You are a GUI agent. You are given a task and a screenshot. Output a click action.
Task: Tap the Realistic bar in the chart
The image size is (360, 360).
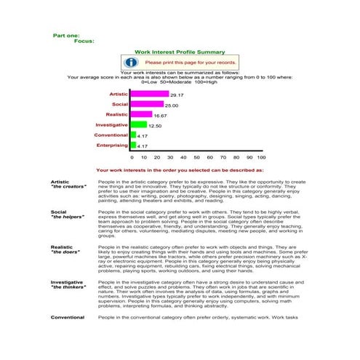(141, 115)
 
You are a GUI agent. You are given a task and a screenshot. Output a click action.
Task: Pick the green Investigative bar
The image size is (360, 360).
(138, 125)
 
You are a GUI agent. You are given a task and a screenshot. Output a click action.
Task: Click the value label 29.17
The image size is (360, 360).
(177, 95)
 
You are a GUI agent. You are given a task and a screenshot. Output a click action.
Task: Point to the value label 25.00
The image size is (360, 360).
(171, 105)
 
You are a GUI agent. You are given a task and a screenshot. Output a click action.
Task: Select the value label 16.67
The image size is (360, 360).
(160, 116)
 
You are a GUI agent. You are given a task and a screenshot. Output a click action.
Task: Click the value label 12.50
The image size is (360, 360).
(154, 126)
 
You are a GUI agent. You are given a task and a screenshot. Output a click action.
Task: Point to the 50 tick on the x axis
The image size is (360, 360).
(196, 157)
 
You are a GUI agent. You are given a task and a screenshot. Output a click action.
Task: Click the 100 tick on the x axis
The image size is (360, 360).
(261, 157)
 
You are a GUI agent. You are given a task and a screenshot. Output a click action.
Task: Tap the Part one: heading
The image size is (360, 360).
(67, 35)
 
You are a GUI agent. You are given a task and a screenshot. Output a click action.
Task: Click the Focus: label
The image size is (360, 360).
(84, 41)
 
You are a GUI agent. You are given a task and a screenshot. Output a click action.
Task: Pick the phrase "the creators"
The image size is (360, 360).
(67, 187)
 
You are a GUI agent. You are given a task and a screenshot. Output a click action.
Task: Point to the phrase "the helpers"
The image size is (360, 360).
(66, 217)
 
